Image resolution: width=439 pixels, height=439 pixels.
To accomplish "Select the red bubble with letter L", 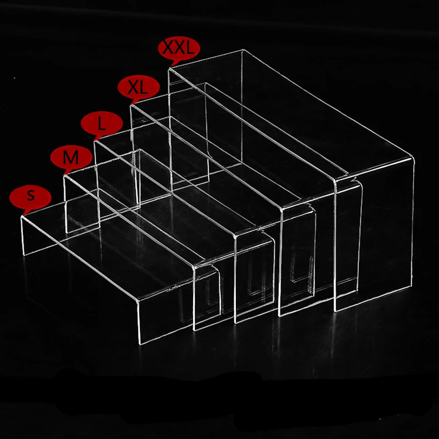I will pos(100,123).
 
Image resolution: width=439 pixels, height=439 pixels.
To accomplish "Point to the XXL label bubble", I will pos(177,48).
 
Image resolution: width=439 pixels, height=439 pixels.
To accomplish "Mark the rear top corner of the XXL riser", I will pos(242,50).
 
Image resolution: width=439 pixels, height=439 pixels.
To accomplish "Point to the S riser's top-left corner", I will pos(22,218).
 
